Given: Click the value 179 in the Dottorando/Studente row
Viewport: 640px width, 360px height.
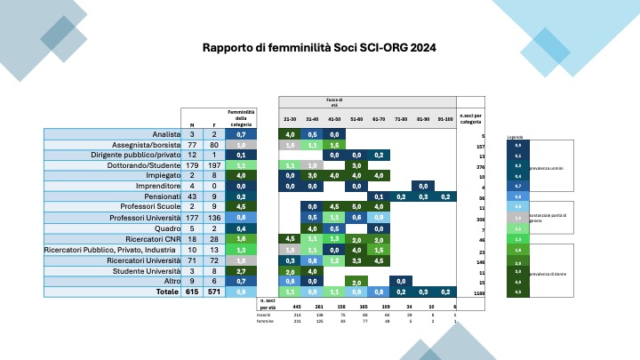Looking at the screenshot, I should click(193, 164).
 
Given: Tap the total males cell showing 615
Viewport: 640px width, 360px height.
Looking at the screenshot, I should click(193, 291).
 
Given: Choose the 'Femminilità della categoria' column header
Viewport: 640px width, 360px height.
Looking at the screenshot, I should click(241, 118).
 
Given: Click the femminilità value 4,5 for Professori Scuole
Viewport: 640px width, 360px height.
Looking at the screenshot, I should click(241, 207).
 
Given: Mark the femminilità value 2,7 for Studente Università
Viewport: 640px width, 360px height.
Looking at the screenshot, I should click(241, 271).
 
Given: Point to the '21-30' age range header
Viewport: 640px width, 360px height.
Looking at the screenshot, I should click(290, 119).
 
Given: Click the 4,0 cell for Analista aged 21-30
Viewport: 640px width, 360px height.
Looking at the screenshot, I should click(290, 134).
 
